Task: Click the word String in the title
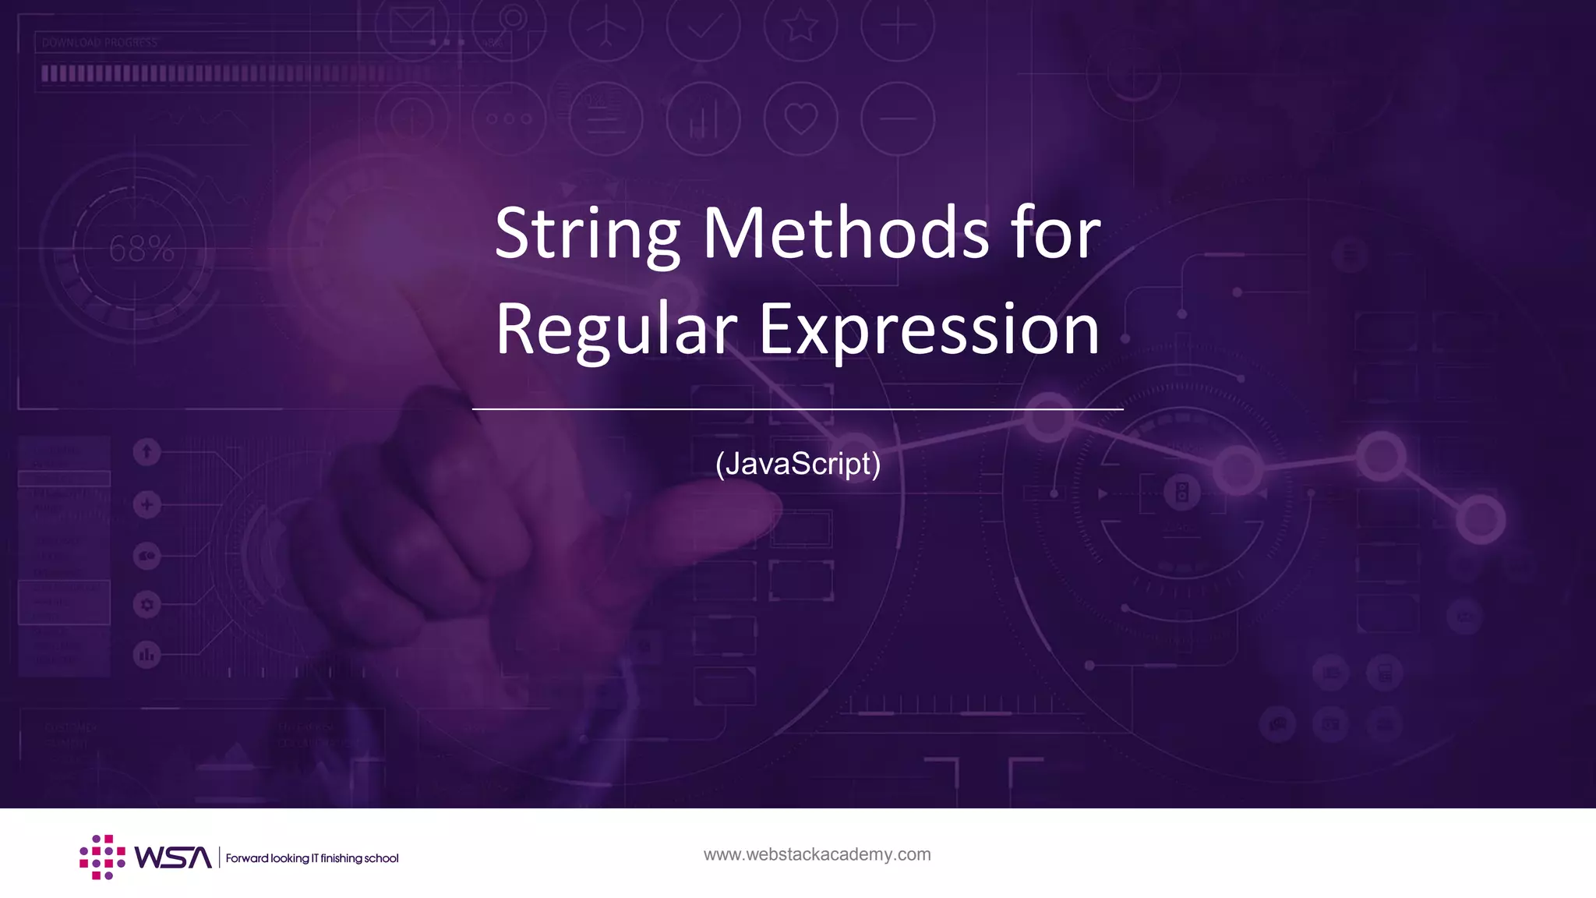(x=588, y=234)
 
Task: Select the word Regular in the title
(x=616, y=331)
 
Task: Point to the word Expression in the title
(x=929, y=331)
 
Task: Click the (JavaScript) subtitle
(x=798, y=463)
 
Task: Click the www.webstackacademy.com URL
(x=817, y=854)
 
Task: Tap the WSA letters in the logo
(x=172, y=857)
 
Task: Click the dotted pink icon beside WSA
(x=102, y=857)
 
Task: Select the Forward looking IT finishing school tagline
(x=312, y=858)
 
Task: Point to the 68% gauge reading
(x=141, y=249)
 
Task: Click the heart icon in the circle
(x=800, y=119)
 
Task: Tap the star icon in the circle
(x=800, y=27)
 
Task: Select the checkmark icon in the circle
(x=704, y=27)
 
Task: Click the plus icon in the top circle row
(x=897, y=27)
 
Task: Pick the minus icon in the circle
(x=897, y=119)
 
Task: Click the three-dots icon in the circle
(x=509, y=119)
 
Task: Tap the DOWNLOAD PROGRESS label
(x=100, y=43)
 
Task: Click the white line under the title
(x=797, y=408)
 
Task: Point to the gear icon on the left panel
(x=147, y=604)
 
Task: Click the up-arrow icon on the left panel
(x=147, y=451)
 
